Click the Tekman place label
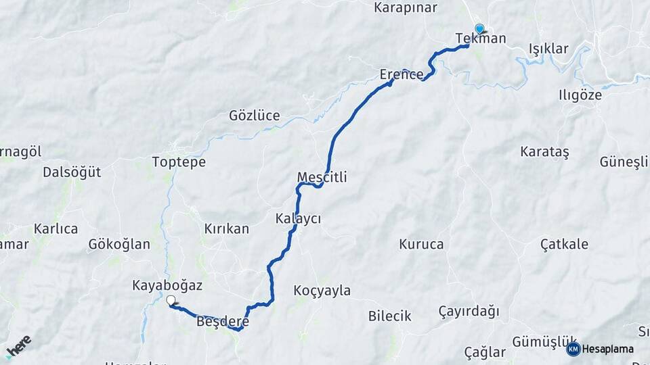point(481,39)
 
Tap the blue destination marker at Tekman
point(479,28)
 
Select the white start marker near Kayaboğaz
point(171,300)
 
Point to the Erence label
point(402,74)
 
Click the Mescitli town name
point(322,177)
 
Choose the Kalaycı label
point(298,218)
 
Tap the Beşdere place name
point(222,322)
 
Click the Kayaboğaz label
point(167,286)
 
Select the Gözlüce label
point(255,116)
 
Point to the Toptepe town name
point(179,162)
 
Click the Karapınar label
point(406,8)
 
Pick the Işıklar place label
point(548,49)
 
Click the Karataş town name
point(545,151)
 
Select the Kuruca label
point(422,244)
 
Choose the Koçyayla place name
point(322,291)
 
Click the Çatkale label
point(565,244)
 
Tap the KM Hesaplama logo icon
point(573,349)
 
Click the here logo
point(18,346)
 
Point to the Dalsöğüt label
point(72,172)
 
